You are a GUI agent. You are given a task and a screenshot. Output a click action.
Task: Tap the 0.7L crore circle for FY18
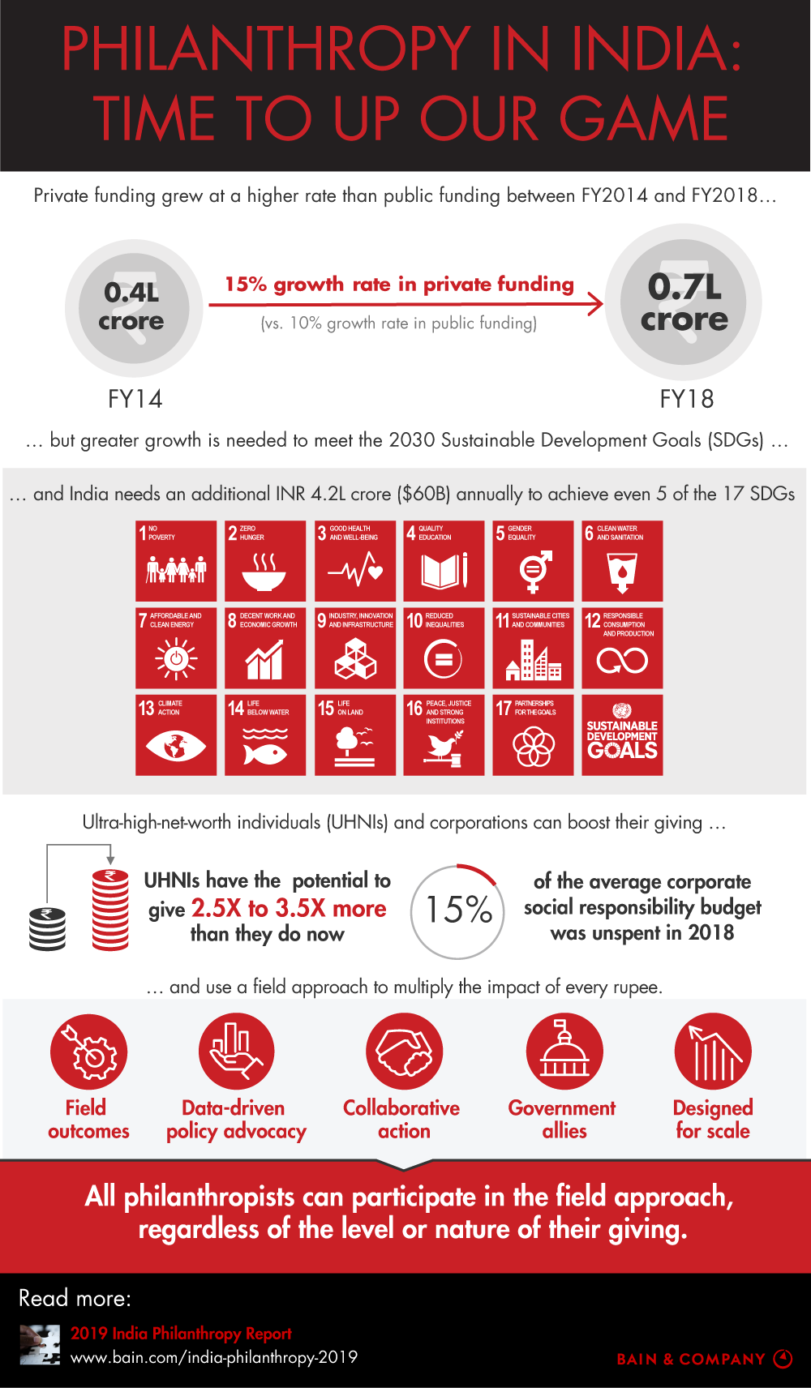[684, 302]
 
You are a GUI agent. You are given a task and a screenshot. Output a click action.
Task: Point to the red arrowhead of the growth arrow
[596, 304]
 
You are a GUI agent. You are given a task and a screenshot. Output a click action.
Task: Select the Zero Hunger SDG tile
[265, 560]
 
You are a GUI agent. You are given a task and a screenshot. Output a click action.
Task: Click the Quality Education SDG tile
[444, 560]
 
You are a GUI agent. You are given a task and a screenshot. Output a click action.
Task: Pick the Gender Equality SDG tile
[533, 560]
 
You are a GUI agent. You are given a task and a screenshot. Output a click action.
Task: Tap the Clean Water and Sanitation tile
[622, 560]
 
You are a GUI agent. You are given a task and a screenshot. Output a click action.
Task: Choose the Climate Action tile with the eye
[176, 735]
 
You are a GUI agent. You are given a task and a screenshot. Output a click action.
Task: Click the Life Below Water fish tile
[265, 735]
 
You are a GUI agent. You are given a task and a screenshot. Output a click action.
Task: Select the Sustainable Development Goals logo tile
[622, 735]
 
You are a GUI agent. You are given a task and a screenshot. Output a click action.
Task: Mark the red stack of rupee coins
[110, 909]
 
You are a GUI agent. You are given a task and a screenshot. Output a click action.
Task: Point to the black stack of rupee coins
[48, 928]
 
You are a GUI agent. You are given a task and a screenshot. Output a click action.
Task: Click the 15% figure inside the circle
[459, 910]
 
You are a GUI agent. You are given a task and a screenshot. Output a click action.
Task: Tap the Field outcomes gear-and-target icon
[89, 1052]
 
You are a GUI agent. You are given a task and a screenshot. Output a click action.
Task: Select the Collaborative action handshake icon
[404, 1052]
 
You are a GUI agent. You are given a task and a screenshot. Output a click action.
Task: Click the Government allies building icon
[564, 1052]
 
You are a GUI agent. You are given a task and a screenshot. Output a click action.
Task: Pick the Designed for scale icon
[713, 1052]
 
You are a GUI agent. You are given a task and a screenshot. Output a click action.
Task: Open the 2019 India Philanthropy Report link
[181, 1334]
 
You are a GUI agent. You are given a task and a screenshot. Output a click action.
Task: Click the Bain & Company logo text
[691, 1360]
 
